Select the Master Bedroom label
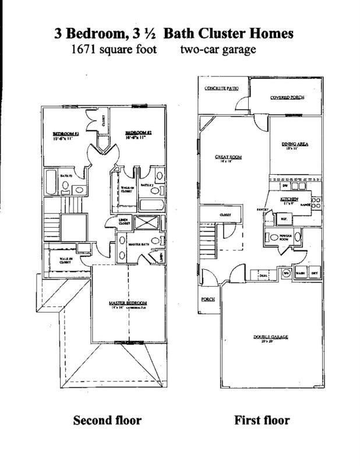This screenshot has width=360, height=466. pos(128,303)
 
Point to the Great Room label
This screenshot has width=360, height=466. pos(228,158)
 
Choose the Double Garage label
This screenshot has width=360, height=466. pos(271,338)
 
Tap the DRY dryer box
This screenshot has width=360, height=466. pos(315,272)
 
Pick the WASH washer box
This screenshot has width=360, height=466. pos(301,272)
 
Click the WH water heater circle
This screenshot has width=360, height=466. pos(286,272)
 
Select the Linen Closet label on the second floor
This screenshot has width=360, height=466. pos(124,221)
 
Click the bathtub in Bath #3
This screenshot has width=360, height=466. pos(51,181)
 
